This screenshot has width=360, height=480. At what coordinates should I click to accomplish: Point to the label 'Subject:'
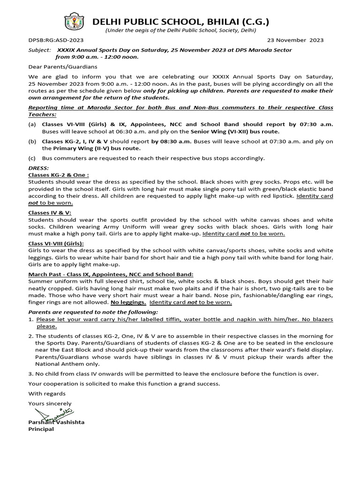tap(39, 50)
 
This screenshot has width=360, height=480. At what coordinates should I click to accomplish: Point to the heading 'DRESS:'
tap(38, 167)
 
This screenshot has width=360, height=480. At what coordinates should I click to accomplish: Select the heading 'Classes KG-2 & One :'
tap(59, 174)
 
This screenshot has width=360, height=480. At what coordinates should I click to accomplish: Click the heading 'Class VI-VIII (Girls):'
tap(56, 244)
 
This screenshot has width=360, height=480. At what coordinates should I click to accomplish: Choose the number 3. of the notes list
tap(31, 374)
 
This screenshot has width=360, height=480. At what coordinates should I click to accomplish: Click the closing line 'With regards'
tap(47, 393)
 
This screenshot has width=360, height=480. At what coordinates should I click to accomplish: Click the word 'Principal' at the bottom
tap(41, 429)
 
